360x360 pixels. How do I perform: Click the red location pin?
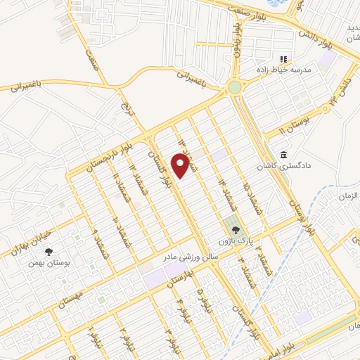[x=181, y=166]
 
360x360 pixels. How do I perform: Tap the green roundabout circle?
[x=234, y=88]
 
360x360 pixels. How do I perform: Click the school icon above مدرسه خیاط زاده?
[x=284, y=60]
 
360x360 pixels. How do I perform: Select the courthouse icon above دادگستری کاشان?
[x=283, y=155]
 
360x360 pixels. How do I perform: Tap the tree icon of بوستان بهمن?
[x=48, y=251]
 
